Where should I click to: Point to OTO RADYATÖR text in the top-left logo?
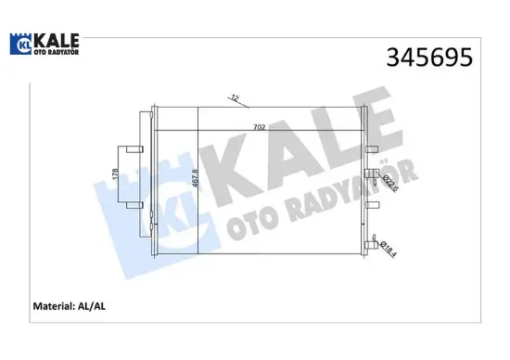(x=55, y=52)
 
